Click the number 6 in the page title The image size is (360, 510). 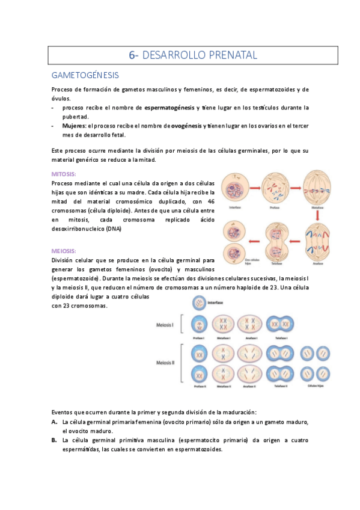click(132, 55)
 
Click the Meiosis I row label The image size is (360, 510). click(165, 325)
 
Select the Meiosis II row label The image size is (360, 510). click(165, 363)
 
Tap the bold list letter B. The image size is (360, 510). click(54, 440)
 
